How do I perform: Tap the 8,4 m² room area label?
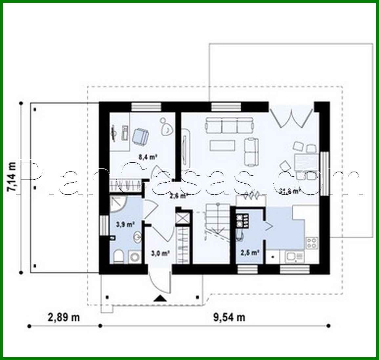pos(147,157)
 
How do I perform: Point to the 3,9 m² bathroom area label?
pos(125,225)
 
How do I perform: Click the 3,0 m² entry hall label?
pos(160,253)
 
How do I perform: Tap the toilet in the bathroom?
pos(118,256)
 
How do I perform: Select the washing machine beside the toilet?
pos(134,256)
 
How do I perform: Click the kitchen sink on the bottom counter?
pos(291,256)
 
